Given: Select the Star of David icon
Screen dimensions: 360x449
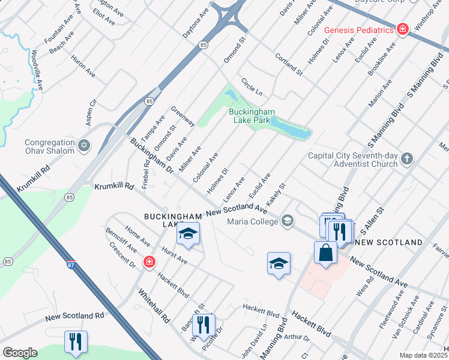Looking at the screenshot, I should pyautogui.click(x=84, y=145).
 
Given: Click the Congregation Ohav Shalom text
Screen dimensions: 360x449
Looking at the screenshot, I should pyautogui.click(x=50, y=146).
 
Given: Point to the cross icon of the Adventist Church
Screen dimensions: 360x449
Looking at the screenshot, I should pyautogui.click(x=407, y=159).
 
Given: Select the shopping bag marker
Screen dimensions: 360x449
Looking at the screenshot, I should pyautogui.click(x=325, y=252).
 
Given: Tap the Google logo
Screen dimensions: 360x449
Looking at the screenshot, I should pyautogui.click(x=20, y=353).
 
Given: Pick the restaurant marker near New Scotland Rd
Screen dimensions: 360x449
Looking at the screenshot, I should pyautogui.click(x=76, y=341).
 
